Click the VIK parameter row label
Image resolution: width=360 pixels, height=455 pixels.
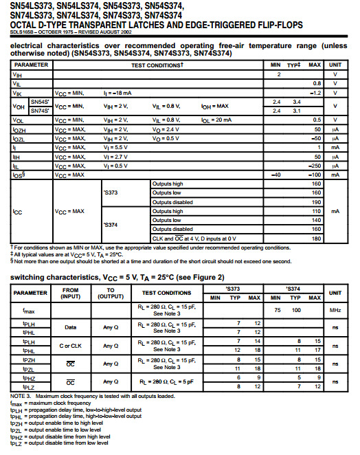[x=17, y=92]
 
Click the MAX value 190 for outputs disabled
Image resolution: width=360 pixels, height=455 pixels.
[x=317, y=203]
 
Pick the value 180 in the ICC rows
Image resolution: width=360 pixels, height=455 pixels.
[x=317, y=238]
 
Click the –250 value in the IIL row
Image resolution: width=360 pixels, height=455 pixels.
[x=315, y=166]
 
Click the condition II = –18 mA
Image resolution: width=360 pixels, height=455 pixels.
[x=117, y=92]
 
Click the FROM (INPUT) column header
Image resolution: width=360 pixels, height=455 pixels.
[x=71, y=293]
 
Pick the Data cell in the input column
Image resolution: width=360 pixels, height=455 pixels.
[x=71, y=327]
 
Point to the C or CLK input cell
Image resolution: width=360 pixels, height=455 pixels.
[x=71, y=345]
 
